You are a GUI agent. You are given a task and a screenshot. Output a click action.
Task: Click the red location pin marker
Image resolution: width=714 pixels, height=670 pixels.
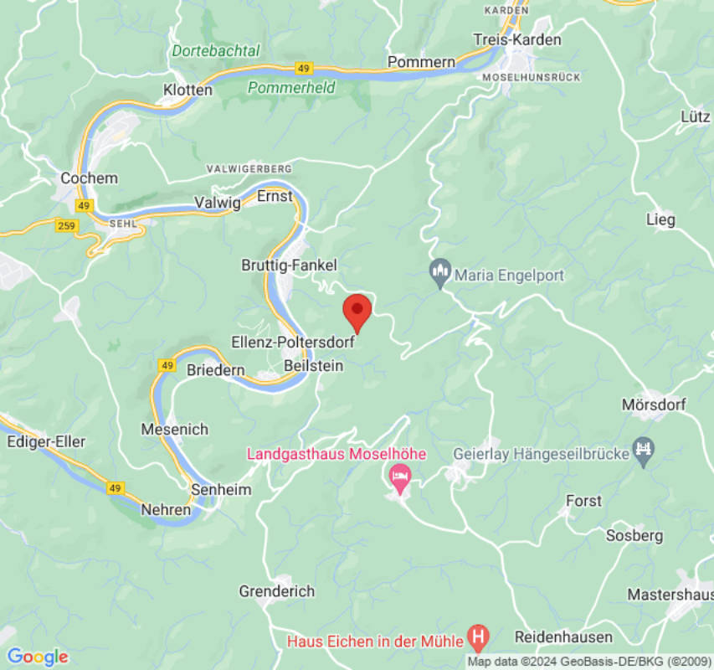coord(357,312)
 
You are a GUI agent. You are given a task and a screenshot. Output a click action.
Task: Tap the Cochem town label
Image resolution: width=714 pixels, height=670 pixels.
coord(90,178)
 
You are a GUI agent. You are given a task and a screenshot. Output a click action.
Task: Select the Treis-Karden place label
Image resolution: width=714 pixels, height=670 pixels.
coord(516,39)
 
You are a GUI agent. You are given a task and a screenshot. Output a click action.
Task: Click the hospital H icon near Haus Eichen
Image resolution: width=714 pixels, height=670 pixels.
coord(478,639)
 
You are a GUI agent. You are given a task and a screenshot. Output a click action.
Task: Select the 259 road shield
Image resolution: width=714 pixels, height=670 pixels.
coord(67,225)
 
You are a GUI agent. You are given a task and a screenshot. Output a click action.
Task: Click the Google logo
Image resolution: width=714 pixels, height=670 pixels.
coord(37,657)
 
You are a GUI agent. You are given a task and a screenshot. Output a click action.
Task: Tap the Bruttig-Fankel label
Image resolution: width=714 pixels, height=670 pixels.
coord(289,265)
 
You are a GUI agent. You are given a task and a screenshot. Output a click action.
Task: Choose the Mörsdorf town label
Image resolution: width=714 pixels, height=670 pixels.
coord(654,405)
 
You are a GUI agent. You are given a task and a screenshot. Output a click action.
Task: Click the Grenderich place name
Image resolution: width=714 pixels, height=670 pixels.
coord(277,591)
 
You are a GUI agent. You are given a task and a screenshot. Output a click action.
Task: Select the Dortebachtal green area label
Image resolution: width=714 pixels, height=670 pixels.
coord(216,51)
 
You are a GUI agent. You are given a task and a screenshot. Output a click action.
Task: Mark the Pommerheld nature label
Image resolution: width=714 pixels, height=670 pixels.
coord(291,87)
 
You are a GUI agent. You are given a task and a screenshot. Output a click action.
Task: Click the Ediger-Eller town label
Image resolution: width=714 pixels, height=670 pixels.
coord(45,441)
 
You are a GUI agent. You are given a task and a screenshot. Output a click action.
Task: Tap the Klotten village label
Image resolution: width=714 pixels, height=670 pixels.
coord(187,90)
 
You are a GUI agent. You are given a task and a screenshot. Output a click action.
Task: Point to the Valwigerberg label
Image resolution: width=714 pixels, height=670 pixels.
coord(249,169)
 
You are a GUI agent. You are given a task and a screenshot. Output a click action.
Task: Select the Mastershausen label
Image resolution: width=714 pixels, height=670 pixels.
coord(670,595)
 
